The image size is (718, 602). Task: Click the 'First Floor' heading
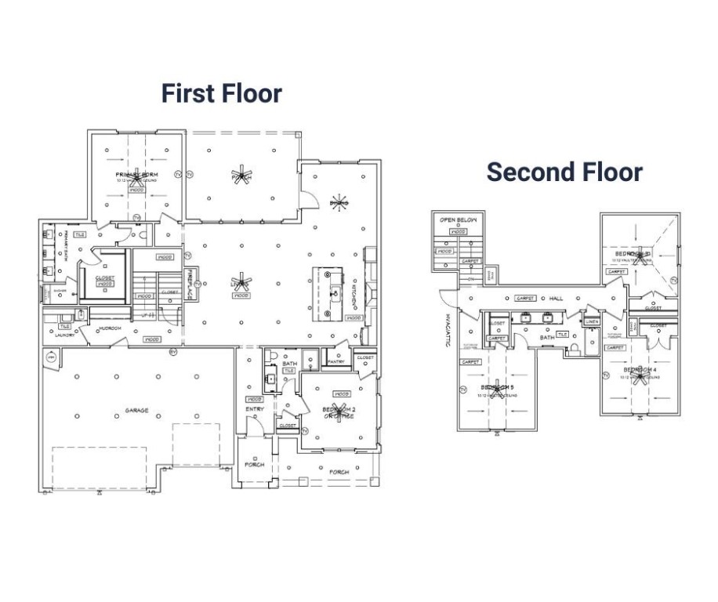tap(221, 93)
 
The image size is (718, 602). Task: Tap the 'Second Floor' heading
tap(564, 172)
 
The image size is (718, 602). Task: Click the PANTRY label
tap(337, 362)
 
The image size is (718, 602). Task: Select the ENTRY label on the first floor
tap(255, 408)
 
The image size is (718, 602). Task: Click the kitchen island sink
tap(335, 294)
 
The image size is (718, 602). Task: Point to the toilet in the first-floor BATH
tap(270, 357)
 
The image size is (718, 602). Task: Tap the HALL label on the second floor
tap(557, 299)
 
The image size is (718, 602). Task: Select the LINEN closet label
tap(592, 321)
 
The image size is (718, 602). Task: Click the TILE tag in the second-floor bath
tap(562, 335)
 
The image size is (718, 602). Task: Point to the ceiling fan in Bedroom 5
tap(495, 386)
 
